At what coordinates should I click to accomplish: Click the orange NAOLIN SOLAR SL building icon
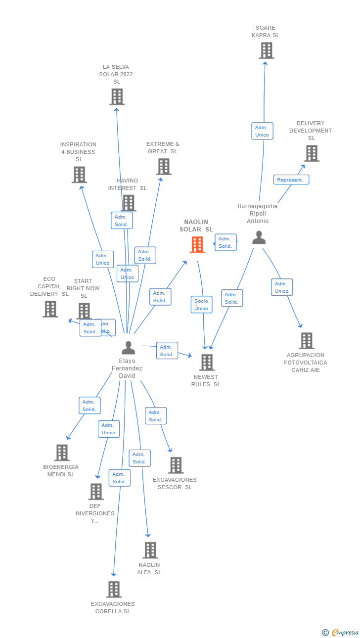(197, 244)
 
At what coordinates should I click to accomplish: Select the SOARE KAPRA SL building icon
(267, 50)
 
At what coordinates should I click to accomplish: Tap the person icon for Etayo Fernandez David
(128, 348)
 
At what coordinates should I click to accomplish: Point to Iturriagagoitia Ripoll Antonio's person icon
(259, 237)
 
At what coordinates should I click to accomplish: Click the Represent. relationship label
(291, 180)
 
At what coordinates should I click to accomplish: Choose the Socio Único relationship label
(201, 305)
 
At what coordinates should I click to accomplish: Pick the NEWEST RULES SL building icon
(207, 362)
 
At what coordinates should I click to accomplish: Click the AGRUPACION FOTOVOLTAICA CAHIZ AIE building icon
(306, 340)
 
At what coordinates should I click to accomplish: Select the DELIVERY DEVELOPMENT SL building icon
(311, 153)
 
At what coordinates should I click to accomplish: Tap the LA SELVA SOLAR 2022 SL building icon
(117, 96)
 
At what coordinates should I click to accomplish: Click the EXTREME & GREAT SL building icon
(164, 166)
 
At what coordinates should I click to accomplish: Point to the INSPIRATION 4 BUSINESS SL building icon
(79, 175)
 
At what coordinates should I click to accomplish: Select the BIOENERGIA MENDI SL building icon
(62, 452)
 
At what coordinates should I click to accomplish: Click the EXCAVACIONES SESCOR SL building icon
(176, 465)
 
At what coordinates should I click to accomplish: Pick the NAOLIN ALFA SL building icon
(150, 550)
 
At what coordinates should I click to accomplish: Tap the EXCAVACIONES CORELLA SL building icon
(114, 589)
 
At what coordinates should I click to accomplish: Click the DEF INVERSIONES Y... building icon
(96, 491)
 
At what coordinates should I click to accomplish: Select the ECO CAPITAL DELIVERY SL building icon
(50, 309)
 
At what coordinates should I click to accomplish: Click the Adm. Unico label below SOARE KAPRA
(262, 131)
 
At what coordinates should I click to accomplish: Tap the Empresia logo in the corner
(341, 632)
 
